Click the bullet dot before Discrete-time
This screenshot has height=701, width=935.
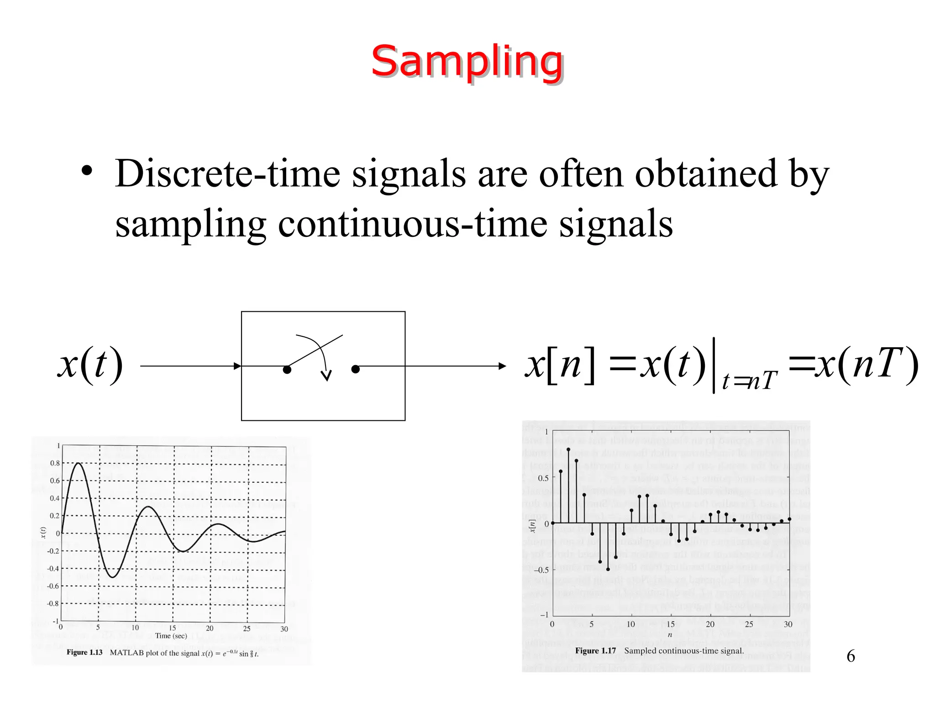(87, 172)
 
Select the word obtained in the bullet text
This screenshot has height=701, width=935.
(706, 173)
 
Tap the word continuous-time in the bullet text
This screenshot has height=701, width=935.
(413, 224)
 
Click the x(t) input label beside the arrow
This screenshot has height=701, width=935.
(90, 365)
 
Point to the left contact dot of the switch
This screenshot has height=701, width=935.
(287, 370)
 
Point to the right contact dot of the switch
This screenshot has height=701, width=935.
(356, 369)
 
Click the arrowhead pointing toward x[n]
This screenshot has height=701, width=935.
(502, 366)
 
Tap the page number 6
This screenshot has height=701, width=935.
(851, 656)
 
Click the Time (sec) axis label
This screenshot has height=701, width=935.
(171, 636)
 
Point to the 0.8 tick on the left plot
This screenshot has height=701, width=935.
(55, 463)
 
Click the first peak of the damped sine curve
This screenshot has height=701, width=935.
(79, 463)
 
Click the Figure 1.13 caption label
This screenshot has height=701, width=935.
(84, 653)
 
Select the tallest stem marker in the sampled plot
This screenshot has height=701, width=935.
(568, 450)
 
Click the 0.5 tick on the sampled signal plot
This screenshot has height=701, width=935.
(543, 478)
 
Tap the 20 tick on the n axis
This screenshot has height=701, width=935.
(710, 624)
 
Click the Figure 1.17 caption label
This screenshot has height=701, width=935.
(595, 651)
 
